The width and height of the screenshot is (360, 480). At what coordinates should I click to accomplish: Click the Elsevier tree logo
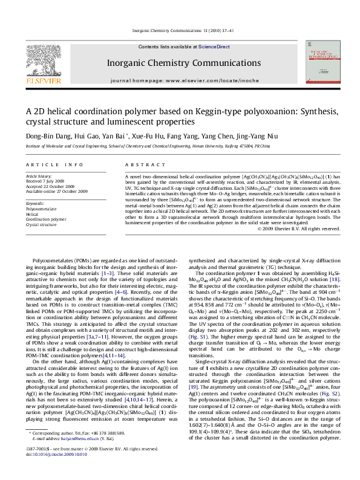pos(47,61)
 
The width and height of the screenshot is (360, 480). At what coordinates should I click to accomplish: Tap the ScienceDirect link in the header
pos(214,47)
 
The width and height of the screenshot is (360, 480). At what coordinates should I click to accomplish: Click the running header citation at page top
pos(180,31)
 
